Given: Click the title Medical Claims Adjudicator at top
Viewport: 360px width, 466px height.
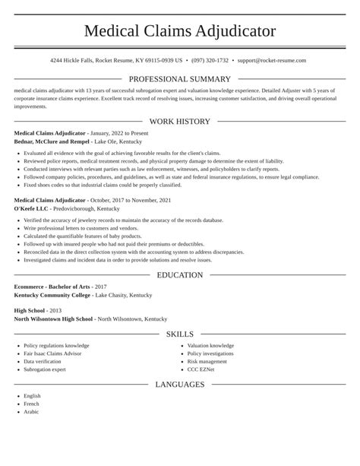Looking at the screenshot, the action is [179, 31].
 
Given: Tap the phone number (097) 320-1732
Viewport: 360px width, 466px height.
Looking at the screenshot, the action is [210, 60].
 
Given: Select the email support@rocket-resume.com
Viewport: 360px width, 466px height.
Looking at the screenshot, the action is [271, 60].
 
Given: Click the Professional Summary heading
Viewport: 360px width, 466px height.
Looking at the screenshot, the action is [179, 79].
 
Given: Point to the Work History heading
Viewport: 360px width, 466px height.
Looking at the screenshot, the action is [179, 122].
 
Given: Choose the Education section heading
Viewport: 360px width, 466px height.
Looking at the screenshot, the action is [179, 275].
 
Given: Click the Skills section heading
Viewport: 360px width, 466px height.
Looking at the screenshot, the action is [179, 334].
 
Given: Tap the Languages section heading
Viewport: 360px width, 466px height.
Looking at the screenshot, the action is [179, 385].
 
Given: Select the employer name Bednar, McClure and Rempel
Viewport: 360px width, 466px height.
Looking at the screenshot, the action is [52, 141].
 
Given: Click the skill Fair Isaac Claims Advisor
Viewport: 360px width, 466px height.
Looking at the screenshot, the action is [52, 354].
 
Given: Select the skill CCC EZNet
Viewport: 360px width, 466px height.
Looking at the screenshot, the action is [202, 369].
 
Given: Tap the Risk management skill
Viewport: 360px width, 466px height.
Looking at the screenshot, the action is [207, 362].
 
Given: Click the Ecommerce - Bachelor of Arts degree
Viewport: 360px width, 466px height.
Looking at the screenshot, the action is [51, 287].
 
